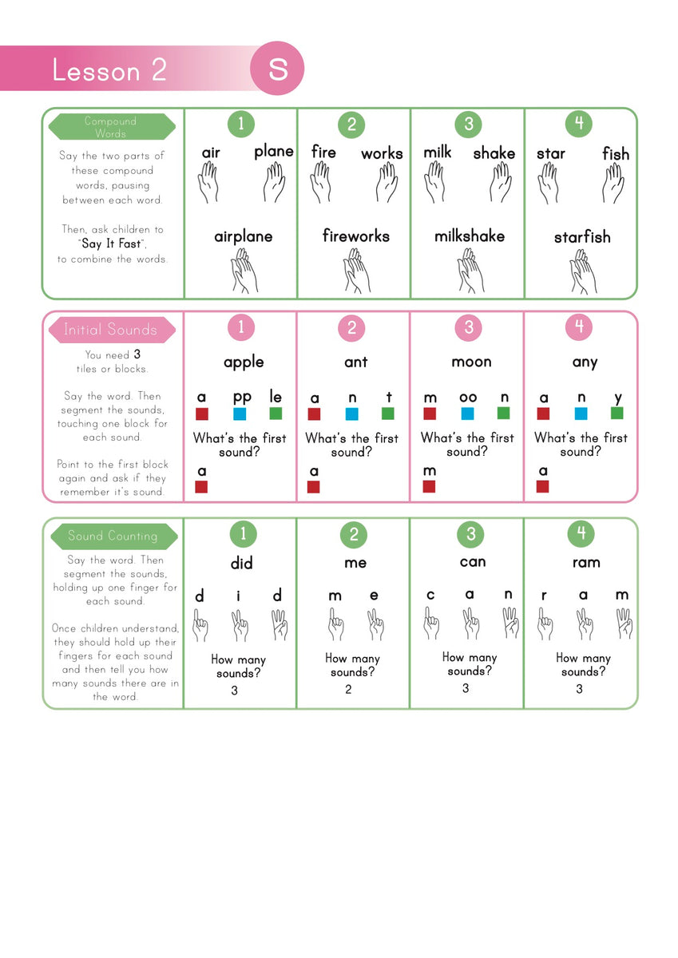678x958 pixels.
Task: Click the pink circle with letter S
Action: (277, 69)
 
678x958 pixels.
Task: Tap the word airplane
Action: (244, 236)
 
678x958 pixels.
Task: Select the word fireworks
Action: (356, 236)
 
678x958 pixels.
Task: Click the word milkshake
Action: (470, 236)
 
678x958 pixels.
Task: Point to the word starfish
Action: (582, 237)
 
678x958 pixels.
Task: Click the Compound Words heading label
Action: (111, 127)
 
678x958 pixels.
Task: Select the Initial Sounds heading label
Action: (111, 330)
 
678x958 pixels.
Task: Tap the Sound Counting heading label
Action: (113, 536)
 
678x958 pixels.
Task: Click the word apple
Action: (244, 362)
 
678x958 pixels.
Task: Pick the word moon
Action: (471, 362)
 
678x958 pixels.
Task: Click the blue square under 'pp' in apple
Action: (240, 414)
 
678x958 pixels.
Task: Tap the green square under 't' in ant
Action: (388, 414)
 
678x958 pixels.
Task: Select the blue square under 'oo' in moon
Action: (467, 414)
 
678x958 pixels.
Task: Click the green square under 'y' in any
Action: (617, 413)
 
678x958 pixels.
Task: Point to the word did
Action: (241, 564)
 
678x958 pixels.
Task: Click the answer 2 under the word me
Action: (348, 690)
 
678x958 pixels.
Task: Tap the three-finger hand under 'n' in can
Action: (510, 623)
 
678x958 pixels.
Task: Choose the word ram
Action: (586, 563)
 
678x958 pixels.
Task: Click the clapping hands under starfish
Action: (583, 272)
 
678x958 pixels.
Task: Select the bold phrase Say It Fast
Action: (113, 244)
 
